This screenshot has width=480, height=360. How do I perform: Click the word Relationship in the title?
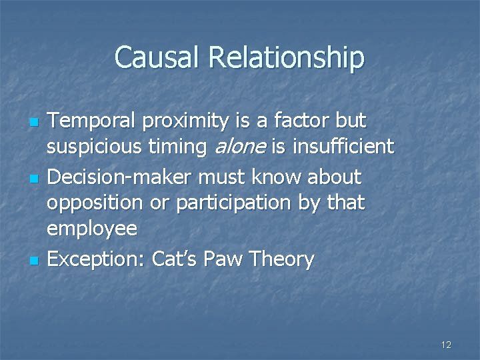click(287, 59)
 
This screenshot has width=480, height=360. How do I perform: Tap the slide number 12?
click(446, 345)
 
